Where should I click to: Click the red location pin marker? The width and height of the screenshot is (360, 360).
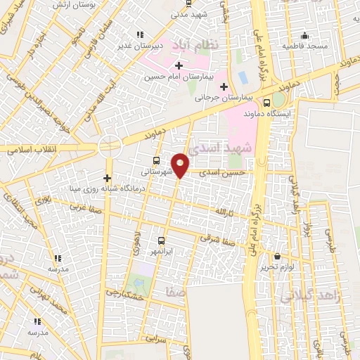(x=181, y=165)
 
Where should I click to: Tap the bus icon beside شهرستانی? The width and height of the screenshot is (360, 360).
(x=155, y=160)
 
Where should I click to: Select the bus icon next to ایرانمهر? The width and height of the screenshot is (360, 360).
(x=161, y=239)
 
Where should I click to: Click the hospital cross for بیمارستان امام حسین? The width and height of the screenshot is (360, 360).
(x=179, y=65)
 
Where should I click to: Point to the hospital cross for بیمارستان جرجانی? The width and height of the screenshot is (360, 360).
(x=224, y=87)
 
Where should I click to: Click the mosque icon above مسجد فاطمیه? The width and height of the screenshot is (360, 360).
(x=304, y=36)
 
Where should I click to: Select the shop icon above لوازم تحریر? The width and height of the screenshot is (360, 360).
(x=278, y=256)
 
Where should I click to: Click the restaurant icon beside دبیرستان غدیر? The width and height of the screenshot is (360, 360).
(x=140, y=34)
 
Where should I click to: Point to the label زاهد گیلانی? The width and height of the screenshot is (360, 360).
(x=310, y=296)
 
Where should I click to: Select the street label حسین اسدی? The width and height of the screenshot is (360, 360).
(x=224, y=172)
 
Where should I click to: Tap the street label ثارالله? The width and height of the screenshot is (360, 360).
(x=222, y=211)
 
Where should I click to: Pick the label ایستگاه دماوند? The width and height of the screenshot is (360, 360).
(x=263, y=112)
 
